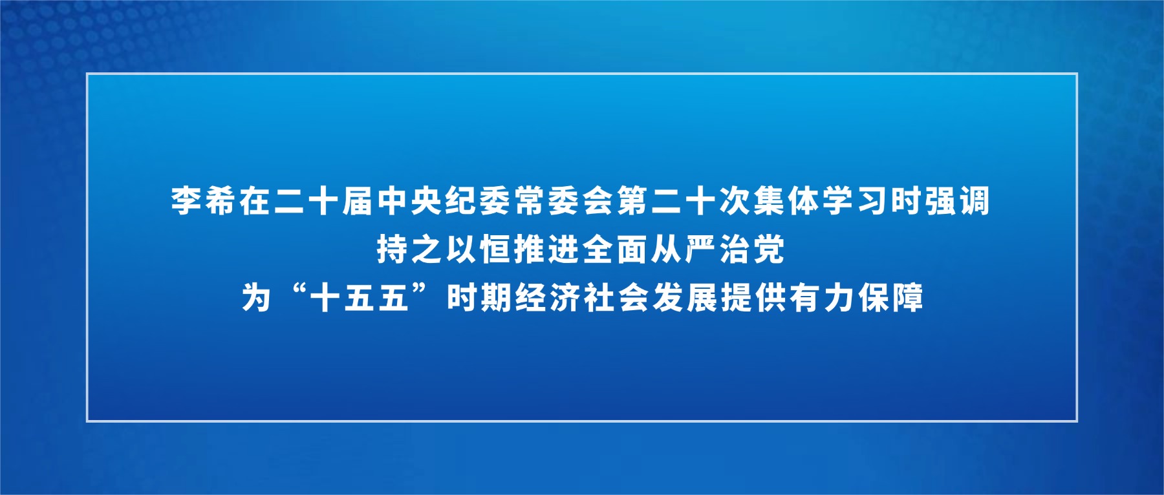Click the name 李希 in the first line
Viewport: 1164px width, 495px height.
click(204, 201)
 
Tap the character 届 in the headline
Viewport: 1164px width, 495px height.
click(358, 201)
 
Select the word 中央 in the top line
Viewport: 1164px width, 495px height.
click(410, 201)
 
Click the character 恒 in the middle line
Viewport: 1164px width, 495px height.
click(496, 249)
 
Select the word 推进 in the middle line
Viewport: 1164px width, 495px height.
click(548, 249)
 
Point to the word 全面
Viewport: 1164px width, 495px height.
click(616, 249)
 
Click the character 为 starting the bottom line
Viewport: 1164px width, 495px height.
click(257, 299)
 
